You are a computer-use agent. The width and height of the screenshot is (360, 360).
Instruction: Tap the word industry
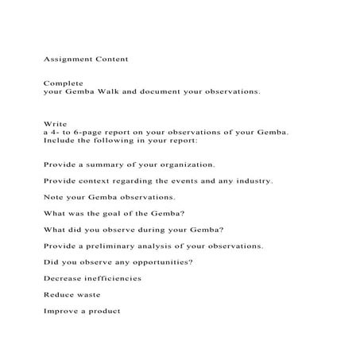coord(251,180)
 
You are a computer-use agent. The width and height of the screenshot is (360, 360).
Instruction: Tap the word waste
coord(88,294)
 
